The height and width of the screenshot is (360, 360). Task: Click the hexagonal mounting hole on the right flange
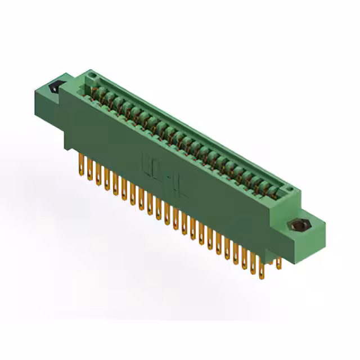coord(298,226)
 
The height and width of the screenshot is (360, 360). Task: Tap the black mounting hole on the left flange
coord(55,88)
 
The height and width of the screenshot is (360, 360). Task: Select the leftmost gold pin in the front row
coord(80,166)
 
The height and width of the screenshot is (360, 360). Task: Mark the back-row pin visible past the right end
coord(278,262)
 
